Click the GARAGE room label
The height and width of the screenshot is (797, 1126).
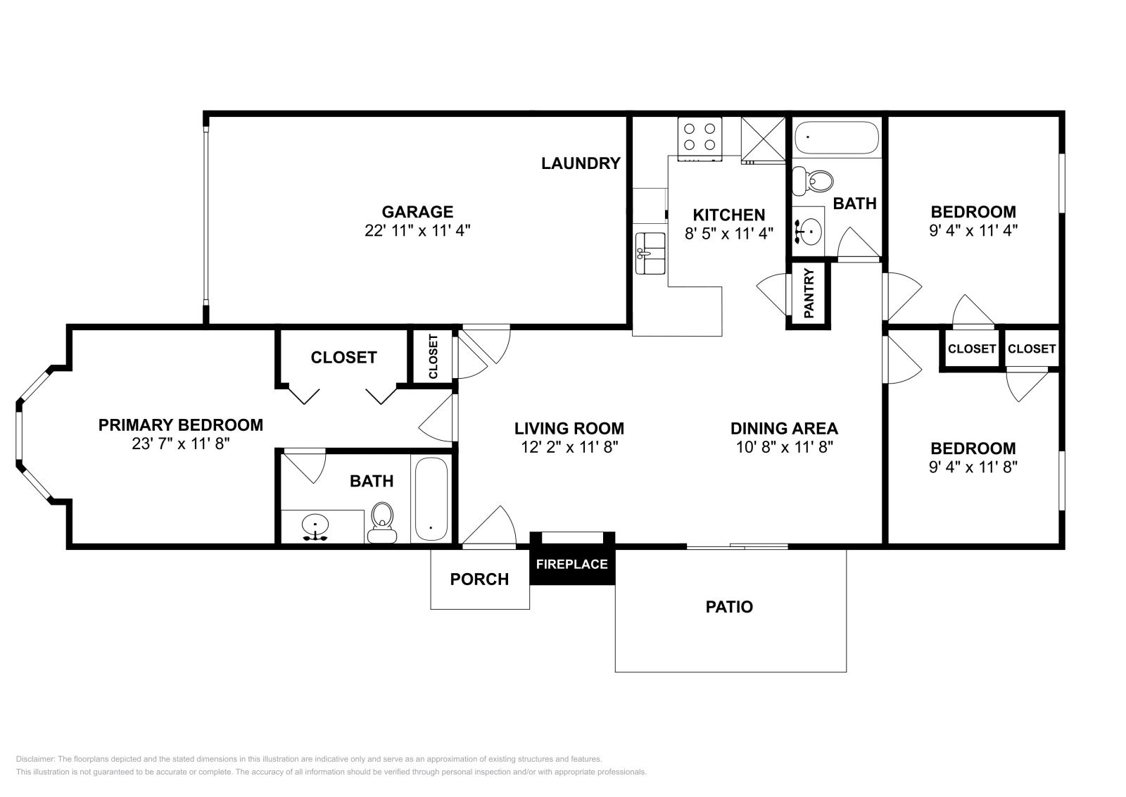tap(417, 212)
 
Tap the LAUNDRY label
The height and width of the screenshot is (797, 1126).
tap(581, 163)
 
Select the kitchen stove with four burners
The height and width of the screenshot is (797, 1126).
tap(700, 139)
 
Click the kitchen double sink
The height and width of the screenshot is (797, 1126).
tap(650, 253)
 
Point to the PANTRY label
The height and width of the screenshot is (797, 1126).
tap(809, 293)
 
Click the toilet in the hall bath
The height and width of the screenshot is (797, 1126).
tap(812, 181)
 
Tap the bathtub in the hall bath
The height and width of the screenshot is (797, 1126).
tap(837, 137)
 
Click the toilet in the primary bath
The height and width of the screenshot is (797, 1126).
tap(382, 523)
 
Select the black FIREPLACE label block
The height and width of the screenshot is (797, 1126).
tap(572, 564)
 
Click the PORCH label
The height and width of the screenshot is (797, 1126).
tap(479, 579)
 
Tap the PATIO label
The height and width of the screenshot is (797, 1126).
tap(729, 607)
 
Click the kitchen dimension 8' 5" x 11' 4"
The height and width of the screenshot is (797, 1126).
tap(729, 233)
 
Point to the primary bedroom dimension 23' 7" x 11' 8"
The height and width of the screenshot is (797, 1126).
tap(180, 444)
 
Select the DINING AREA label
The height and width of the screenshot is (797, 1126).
tap(784, 428)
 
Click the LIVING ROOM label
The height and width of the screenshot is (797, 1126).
tap(569, 428)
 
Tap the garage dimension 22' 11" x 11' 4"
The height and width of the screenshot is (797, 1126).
tap(417, 230)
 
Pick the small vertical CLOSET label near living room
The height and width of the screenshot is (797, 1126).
tap(434, 356)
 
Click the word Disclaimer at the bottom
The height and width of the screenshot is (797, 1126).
tap(35, 759)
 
